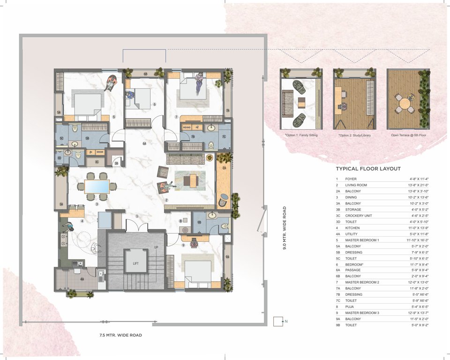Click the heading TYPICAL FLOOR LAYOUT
368,169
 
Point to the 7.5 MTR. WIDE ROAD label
120,335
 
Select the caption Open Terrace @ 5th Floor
408,135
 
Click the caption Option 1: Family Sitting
301,135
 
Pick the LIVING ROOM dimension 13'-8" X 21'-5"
420,185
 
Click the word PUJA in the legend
350,307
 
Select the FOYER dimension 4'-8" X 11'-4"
420,179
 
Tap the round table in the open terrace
405,104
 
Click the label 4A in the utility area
82,279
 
